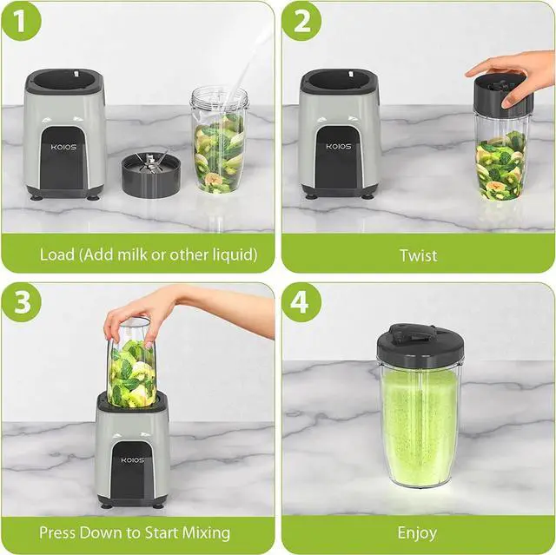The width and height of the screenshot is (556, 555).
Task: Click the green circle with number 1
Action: tap(21, 21)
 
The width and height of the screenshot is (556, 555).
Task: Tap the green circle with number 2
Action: tap(301, 21)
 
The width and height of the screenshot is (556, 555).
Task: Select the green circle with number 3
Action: tap(21, 302)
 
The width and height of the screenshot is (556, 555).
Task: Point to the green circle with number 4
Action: tap(301, 302)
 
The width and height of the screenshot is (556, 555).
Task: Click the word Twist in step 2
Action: tap(419, 255)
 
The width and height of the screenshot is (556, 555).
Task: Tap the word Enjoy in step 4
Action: tap(417, 533)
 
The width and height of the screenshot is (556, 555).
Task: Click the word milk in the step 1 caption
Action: tap(133, 254)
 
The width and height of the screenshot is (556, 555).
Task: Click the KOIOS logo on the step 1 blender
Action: tap(63, 147)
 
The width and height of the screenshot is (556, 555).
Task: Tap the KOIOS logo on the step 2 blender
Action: tap(339, 146)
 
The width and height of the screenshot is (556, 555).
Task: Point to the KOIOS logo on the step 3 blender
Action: tap(133, 460)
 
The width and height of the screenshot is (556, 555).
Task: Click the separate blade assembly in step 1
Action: tap(151, 175)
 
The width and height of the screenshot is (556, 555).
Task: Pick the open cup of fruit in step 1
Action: tap(220, 141)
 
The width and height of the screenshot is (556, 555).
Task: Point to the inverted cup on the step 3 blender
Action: tap(131, 362)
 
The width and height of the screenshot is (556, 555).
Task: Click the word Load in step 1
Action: tap(57, 254)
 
